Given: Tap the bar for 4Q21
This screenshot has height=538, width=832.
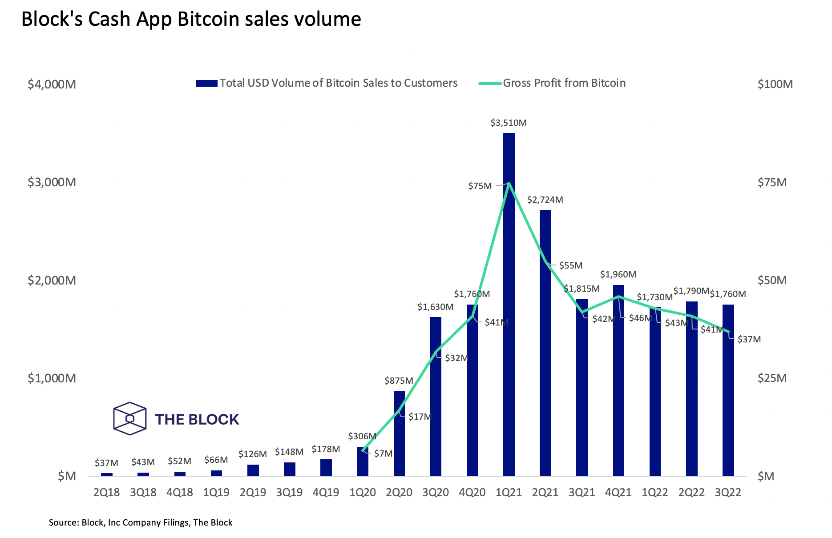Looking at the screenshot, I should (x=618, y=382).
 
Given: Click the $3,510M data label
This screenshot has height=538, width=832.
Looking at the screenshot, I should (x=509, y=123).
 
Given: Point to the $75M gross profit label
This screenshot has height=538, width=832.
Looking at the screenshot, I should (x=480, y=186).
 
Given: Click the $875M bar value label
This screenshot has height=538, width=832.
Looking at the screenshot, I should (x=399, y=381).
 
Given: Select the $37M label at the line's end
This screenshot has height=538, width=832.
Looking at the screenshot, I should (x=749, y=339).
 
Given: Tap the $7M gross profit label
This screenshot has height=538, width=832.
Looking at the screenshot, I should (x=383, y=454).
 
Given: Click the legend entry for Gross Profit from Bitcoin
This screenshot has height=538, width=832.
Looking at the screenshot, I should (x=564, y=83).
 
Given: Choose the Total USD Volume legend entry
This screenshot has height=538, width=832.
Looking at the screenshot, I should (x=338, y=83).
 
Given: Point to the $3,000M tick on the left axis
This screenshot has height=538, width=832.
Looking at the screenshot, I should (x=52, y=182).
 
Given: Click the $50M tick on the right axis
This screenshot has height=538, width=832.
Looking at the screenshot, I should (x=772, y=280).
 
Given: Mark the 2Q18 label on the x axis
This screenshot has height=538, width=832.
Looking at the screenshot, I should (x=107, y=492).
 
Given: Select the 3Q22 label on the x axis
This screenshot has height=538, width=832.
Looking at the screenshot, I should (x=728, y=492).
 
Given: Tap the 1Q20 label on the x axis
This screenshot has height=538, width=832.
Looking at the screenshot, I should (x=363, y=492).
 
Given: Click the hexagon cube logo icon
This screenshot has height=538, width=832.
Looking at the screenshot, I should (x=129, y=418).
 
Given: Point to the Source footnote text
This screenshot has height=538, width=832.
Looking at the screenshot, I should (x=141, y=522).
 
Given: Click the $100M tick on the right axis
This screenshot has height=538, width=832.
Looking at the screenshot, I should (x=775, y=84).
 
